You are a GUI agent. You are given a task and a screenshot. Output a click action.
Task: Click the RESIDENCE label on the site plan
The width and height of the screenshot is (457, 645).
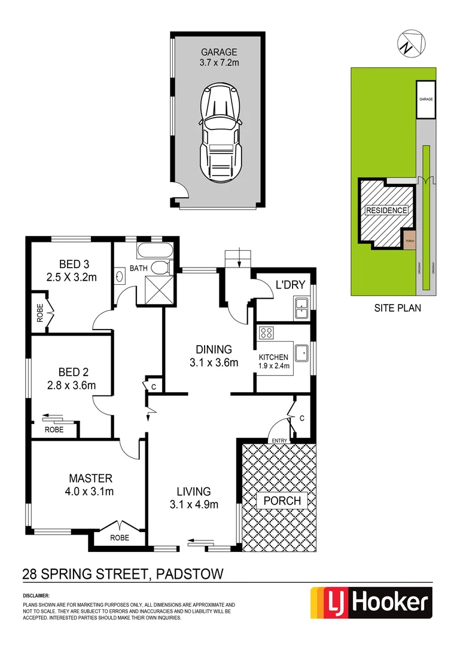pos(386,210)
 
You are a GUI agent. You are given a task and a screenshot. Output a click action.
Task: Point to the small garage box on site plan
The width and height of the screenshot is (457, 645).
pos(425,99)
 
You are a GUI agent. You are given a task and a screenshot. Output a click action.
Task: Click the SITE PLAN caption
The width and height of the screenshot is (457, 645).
pos(397,309)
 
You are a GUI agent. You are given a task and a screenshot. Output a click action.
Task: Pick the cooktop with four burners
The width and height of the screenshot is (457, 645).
pos(266,334)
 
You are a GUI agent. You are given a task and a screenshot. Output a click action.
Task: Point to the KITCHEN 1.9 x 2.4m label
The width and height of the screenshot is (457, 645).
pos(274,362)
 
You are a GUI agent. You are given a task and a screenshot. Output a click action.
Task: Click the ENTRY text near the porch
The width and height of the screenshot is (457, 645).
pos(279,441)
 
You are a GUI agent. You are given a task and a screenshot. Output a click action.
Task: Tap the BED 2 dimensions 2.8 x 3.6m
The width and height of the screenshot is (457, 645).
pos(71,385)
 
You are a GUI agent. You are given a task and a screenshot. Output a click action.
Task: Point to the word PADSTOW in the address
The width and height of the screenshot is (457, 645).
pos(189,575)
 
